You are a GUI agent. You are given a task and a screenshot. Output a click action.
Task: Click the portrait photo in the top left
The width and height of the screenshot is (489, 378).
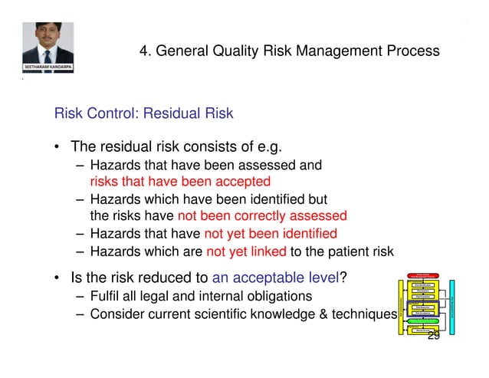point(48,42)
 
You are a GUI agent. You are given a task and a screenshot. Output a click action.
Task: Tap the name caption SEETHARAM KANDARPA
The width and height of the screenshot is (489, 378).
point(48,67)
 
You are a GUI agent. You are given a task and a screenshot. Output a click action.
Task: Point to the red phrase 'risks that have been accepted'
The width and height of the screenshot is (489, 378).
point(180,182)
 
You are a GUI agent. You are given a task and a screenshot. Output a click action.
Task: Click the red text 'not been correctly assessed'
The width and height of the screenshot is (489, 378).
point(262,215)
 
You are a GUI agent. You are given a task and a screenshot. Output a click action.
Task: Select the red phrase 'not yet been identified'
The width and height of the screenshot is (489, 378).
point(270,234)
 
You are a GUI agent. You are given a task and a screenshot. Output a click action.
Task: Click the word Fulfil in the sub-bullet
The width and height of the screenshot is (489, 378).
point(105,296)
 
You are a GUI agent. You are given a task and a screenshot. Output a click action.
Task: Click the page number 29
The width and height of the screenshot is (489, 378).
point(433,336)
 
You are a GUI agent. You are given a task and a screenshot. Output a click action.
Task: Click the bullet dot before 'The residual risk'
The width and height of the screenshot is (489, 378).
point(57,146)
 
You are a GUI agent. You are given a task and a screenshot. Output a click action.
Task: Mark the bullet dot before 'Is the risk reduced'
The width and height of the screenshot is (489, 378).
point(57,278)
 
